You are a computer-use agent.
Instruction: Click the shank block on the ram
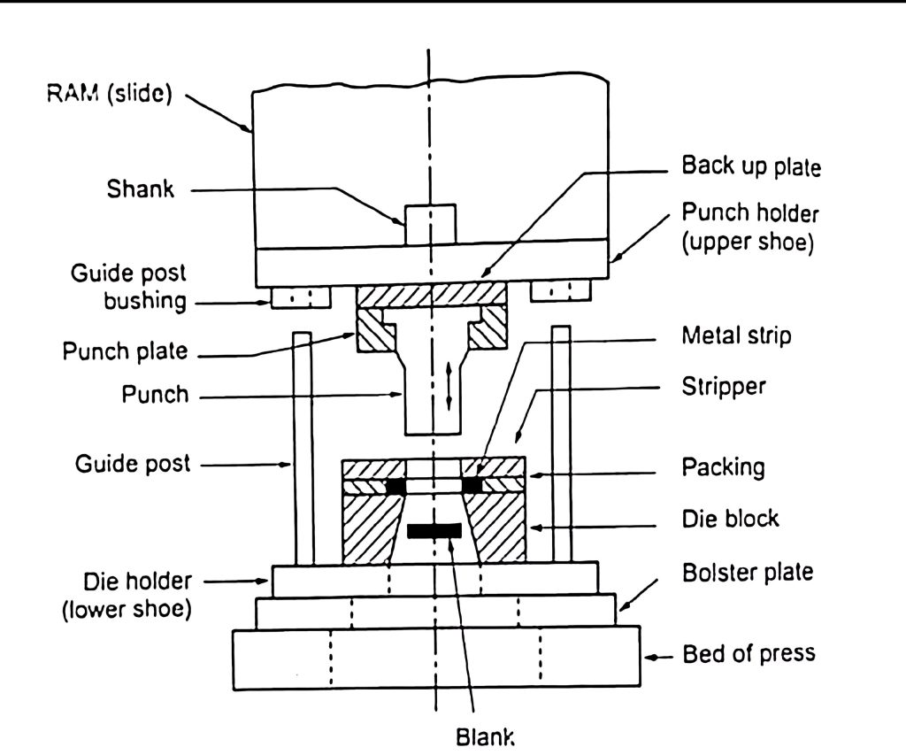click(x=430, y=225)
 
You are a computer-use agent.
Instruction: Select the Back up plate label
click(x=751, y=166)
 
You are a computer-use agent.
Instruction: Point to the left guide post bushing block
click(x=301, y=296)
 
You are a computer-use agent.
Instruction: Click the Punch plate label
click(x=125, y=351)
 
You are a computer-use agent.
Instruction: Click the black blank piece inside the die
click(x=434, y=531)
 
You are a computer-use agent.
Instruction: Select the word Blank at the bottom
click(x=484, y=736)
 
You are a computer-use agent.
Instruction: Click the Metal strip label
click(x=735, y=337)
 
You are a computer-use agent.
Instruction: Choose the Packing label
click(x=722, y=466)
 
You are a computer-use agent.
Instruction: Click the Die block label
click(x=730, y=517)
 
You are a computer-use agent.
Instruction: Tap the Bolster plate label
click(x=748, y=572)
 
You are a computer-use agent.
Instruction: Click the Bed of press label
click(x=749, y=655)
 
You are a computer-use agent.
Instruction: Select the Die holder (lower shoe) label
click(x=127, y=595)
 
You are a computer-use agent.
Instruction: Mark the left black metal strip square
click(x=395, y=487)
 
